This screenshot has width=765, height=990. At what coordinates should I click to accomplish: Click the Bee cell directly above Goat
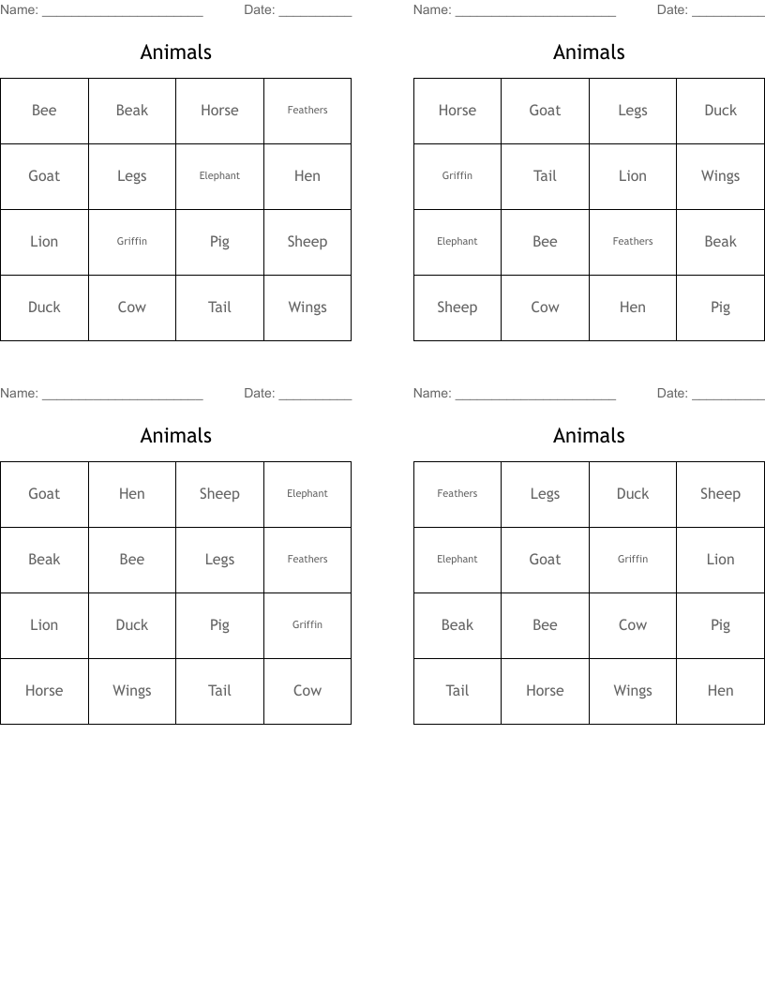click(44, 111)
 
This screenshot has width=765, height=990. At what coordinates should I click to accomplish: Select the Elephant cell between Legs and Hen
click(219, 176)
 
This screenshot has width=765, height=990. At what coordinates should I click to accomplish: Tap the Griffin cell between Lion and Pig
click(132, 242)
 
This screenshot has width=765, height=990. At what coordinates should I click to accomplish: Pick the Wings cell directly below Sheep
click(307, 307)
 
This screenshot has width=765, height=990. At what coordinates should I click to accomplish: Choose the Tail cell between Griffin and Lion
click(545, 176)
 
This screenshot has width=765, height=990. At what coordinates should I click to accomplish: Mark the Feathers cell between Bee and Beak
click(633, 242)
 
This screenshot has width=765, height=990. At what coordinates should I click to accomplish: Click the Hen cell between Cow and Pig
click(633, 307)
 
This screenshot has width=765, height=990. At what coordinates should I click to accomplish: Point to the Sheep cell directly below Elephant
click(457, 307)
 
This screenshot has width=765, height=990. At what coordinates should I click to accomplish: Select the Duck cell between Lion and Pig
click(132, 625)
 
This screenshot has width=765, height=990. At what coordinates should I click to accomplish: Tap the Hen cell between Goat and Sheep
click(132, 494)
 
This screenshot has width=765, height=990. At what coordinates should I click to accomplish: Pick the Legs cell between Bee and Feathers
click(219, 560)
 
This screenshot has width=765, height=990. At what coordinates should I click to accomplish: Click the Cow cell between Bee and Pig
click(633, 625)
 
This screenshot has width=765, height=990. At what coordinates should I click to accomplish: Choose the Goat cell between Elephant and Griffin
click(545, 560)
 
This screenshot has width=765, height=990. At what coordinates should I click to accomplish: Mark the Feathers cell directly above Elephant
click(457, 494)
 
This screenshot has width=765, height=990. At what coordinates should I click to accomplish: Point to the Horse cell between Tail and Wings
click(545, 691)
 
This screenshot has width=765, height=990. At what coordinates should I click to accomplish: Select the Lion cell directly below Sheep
click(720, 560)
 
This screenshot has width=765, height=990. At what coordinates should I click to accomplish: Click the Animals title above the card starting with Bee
click(176, 52)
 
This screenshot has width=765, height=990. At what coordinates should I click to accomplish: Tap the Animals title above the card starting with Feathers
click(589, 436)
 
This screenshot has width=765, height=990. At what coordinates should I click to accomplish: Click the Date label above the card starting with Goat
click(259, 394)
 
